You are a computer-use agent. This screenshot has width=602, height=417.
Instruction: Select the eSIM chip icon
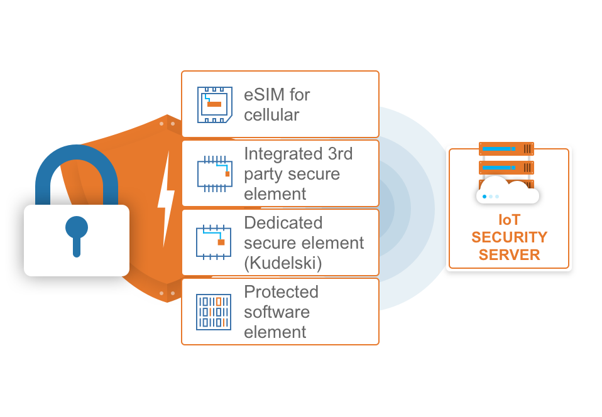click(214, 104)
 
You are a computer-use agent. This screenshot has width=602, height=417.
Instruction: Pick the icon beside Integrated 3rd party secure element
click(214, 173)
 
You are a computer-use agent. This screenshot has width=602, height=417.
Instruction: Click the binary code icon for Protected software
click(214, 311)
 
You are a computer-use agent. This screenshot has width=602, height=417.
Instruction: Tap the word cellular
click(271, 115)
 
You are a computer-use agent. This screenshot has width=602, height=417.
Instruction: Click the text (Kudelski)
click(283, 263)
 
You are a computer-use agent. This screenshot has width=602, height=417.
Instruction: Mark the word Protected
click(281, 292)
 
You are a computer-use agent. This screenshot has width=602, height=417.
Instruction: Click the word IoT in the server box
click(509, 221)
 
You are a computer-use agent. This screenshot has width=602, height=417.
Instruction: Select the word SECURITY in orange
click(509, 238)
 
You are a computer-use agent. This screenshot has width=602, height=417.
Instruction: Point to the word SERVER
click(509, 255)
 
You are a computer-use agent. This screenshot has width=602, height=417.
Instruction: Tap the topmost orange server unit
click(506, 149)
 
